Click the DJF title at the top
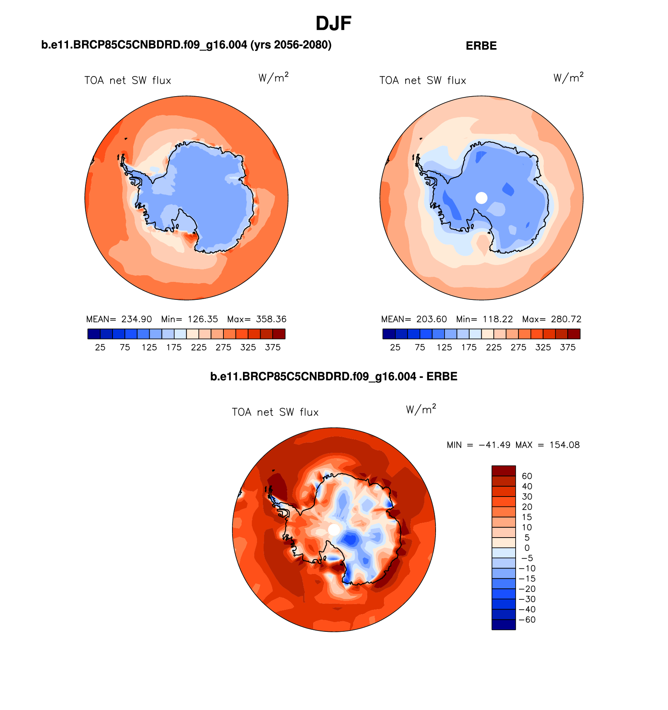click(333, 24)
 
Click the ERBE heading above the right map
click(481, 46)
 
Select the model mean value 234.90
click(136, 319)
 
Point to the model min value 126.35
click(203, 319)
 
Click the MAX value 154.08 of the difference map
click(564, 445)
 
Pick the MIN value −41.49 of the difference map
click(494, 445)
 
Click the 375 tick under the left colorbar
click(273, 348)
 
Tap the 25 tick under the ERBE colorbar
click(395, 348)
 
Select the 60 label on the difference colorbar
click(527, 476)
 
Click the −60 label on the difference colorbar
click(527, 620)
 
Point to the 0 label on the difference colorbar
click(527, 548)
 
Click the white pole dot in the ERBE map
click(481, 198)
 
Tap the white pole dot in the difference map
click(334, 530)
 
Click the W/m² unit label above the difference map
click(421, 409)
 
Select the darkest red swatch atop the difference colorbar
click(504, 471)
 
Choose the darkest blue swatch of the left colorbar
click(94, 334)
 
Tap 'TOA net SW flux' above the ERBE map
click(423, 81)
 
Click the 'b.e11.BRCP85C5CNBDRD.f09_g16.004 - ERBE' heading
click(334, 377)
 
